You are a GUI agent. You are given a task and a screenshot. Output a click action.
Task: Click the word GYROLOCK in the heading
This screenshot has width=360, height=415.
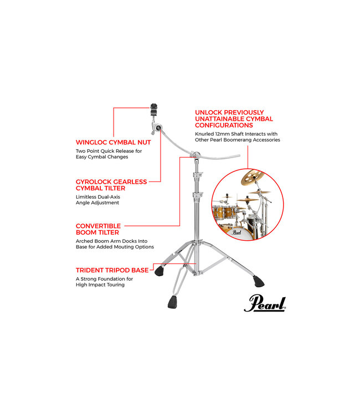coord(92,181)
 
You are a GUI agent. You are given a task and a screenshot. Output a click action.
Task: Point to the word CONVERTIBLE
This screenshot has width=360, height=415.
coord(98,226)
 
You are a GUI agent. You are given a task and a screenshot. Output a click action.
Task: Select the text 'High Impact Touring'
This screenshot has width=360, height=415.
coord(100,286)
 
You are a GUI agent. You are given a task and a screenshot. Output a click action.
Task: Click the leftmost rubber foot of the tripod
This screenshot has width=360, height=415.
coord(162,271)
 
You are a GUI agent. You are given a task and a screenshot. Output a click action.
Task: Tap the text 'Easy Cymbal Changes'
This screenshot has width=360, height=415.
coord(102,157)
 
